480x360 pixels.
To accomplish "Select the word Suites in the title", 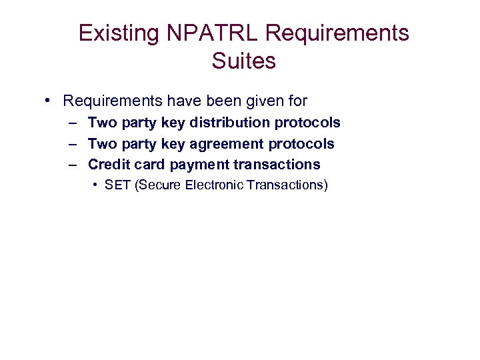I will pyautogui.click(x=243, y=61).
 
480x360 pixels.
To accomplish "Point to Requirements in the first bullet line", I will pyautogui.click(x=113, y=101).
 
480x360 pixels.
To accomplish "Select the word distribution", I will pyautogui.click(x=228, y=123).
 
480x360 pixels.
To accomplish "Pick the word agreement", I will pyautogui.click(x=227, y=144).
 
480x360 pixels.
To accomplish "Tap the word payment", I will pyautogui.click(x=200, y=165).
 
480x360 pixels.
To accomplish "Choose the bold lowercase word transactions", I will pyautogui.click(x=277, y=165).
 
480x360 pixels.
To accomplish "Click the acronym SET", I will pyautogui.click(x=117, y=185).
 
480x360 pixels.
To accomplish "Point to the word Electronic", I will pyautogui.click(x=215, y=185).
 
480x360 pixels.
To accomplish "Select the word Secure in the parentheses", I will pyautogui.click(x=159, y=185).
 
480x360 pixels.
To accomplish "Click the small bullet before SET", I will pyautogui.click(x=97, y=185).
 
